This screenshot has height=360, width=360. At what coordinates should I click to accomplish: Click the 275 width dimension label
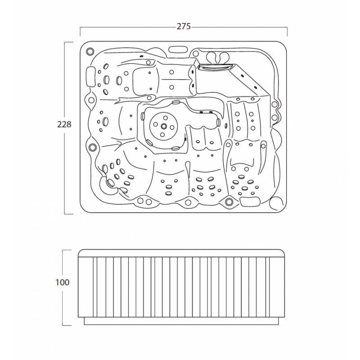click(x=184, y=27)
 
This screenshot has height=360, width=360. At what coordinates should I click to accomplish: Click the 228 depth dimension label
click(x=64, y=125)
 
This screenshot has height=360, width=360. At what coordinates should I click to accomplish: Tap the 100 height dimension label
click(x=63, y=282)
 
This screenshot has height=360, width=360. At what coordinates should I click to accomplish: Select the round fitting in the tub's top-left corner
click(x=90, y=51)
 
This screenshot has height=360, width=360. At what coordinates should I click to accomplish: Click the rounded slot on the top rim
click(x=178, y=49)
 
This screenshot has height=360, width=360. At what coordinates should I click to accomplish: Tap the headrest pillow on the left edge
click(x=91, y=76)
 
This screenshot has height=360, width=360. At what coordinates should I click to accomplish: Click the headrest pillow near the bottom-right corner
click(x=250, y=201)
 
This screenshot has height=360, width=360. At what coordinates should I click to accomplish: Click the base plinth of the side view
click(x=181, y=321)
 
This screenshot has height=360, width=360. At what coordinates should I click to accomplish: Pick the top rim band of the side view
click(x=181, y=253)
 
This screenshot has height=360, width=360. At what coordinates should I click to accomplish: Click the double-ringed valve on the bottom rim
click(x=229, y=202)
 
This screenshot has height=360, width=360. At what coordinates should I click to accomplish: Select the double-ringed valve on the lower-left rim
click(x=93, y=147)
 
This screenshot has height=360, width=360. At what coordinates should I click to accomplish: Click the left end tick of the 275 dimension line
click(x=80, y=31)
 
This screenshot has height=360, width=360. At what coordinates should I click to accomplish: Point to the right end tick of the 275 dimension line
click(x=287, y=31)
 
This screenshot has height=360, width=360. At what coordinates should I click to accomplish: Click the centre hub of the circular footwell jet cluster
click(x=164, y=126)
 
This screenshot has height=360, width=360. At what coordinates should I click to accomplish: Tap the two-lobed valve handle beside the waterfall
click(x=218, y=57)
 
